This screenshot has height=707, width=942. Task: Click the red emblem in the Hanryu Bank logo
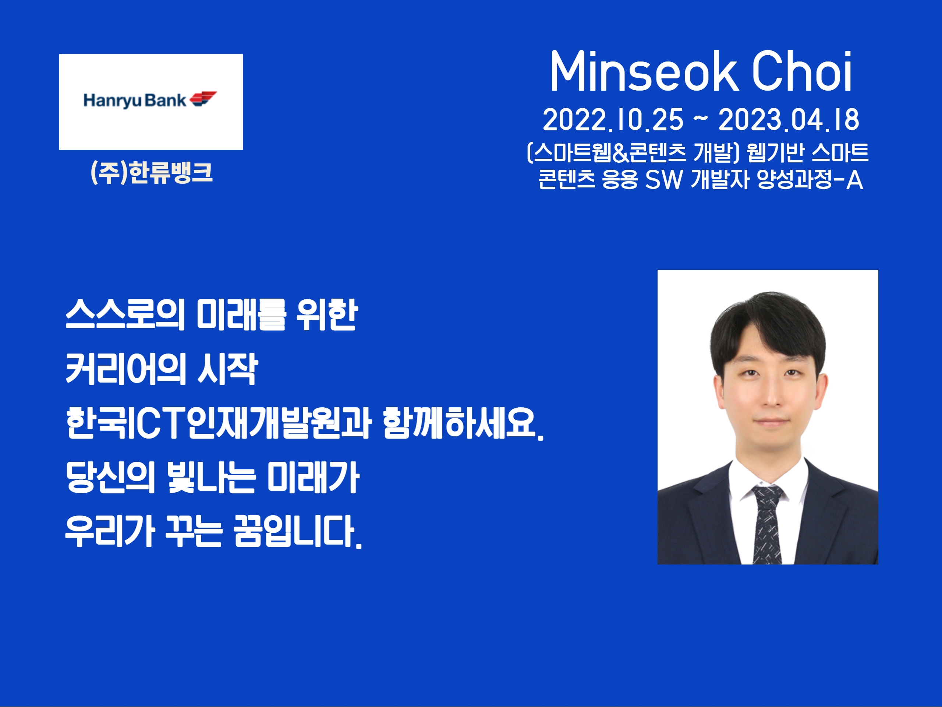click(203, 98)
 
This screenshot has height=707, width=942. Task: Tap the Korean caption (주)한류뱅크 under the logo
click(152, 172)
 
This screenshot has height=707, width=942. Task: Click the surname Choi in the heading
click(802, 71)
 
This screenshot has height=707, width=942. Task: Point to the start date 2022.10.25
click(613, 120)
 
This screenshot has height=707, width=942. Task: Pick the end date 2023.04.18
click(789, 120)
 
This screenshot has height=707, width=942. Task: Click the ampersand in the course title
click(620, 152)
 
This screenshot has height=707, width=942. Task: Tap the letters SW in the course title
click(664, 179)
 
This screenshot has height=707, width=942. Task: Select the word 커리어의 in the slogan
click(126, 369)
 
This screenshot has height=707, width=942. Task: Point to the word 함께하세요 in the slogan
click(458, 423)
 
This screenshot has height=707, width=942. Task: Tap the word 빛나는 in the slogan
click(211, 477)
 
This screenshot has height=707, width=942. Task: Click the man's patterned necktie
click(767, 524)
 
